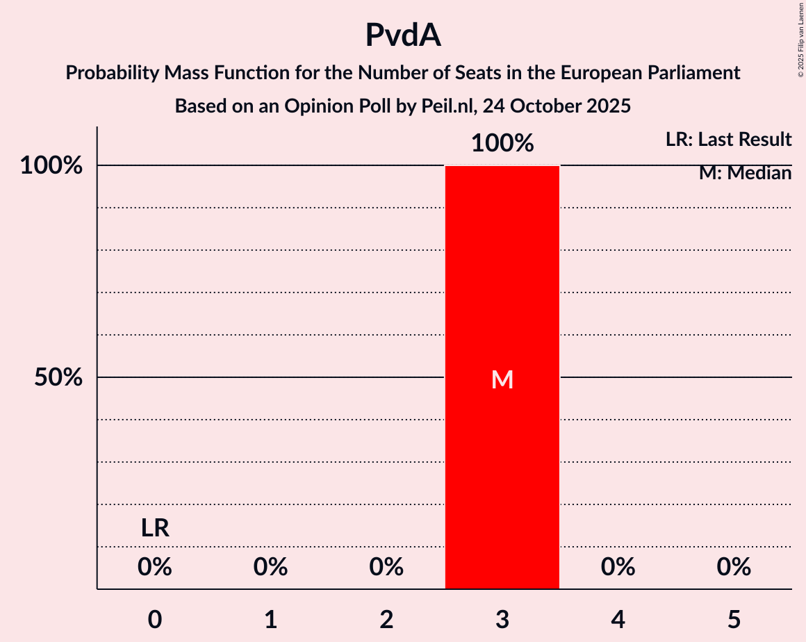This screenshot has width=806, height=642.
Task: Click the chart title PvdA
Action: tap(403, 36)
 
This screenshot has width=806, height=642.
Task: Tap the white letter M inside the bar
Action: tap(502, 379)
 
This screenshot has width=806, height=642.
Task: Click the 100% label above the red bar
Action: tap(502, 144)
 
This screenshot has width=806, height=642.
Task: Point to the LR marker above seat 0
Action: tap(155, 529)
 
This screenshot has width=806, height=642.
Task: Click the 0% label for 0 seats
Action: tap(155, 568)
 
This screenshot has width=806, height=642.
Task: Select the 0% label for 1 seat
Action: tap(271, 568)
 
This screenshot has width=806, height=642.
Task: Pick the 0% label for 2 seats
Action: tap(386, 568)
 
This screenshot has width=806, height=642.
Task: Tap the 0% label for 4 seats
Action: tap(618, 568)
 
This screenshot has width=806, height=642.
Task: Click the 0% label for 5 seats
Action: tap(734, 568)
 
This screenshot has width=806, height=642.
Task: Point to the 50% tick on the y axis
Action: tap(59, 378)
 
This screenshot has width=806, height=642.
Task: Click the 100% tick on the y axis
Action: tap(51, 166)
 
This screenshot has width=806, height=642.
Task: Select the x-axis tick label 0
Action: tap(155, 619)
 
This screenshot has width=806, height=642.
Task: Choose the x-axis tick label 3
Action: tap(502, 619)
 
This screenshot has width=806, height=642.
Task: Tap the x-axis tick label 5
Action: tap(734, 619)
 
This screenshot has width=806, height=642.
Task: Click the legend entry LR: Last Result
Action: tap(728, 140)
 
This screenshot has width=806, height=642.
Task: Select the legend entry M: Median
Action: tap(745, 173)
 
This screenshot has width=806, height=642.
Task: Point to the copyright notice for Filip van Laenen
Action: tap(800, 39)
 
